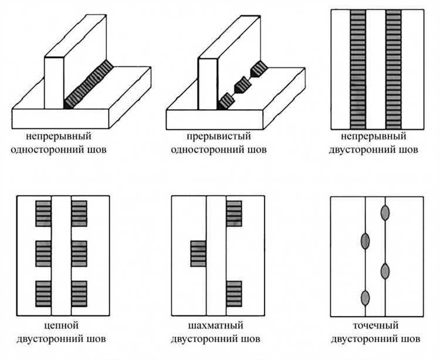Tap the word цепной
[x=62, y=325]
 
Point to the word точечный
[x=376, y=325]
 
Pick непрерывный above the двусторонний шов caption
[x=375, y=137]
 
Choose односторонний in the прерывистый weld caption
[x=203, y=150]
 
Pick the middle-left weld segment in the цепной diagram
[x=43, y=252]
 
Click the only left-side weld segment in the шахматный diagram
[x=198, y=253]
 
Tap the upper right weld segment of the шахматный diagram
[x=233, y=213]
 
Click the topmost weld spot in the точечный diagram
[x=385, y=212]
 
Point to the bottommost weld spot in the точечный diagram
[x=365, y=298]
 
